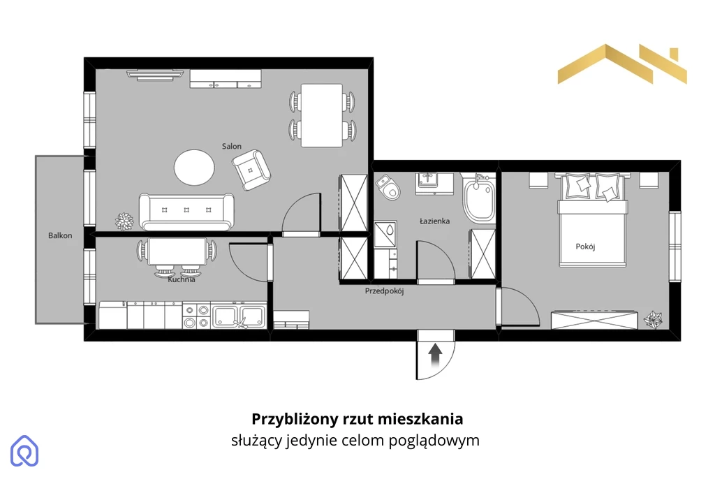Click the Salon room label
coord(232,147)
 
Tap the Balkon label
coord(60,236)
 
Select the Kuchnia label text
coord(182,279)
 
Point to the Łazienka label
coord(434,221)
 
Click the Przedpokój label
coord(385,291)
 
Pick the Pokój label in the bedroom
coord(585,247)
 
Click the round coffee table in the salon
coord(194,168)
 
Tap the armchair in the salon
coord(251,170)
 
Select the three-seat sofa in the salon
coord(186,212)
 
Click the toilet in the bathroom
coord(388,187)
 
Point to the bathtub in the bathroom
coord(479,199)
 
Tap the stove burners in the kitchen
coord(196,316)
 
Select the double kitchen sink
coord(239,316)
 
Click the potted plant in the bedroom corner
coord(653,319)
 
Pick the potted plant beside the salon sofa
coord(124,221)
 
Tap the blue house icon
coord(24,451)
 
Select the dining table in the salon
coord(321,115)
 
